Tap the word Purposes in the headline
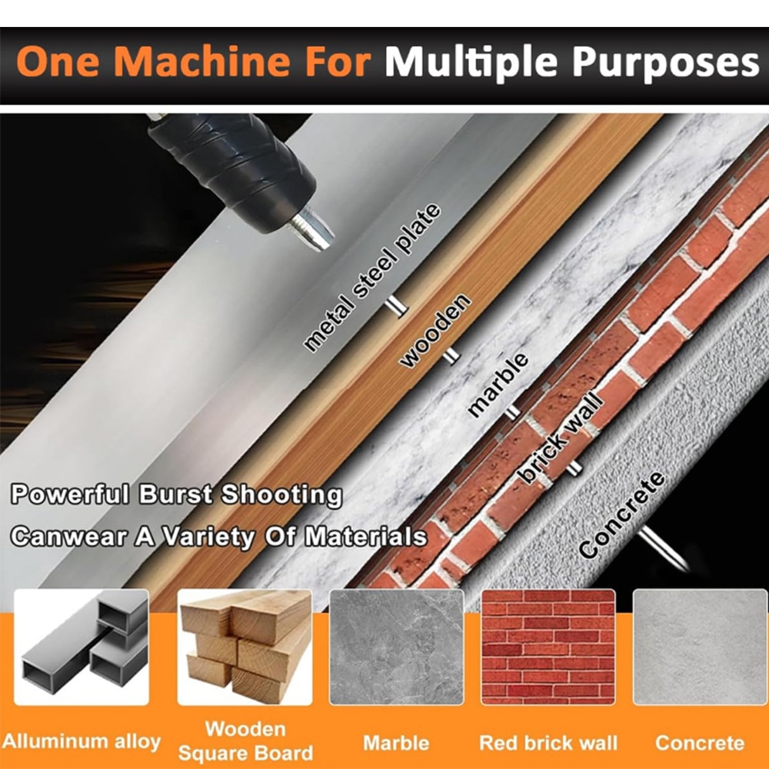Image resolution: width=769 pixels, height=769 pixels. pos(665,64)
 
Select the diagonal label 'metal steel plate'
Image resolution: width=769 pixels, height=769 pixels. pos(372,278)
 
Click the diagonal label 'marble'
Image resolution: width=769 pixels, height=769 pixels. pos(498,385)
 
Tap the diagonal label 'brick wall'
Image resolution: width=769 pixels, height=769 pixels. pos(560,438)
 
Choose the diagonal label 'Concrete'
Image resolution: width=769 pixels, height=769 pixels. pos(622,514)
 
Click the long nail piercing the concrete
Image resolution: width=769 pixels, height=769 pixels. pos(663,548)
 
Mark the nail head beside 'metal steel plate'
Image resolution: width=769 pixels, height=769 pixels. pos(396,307)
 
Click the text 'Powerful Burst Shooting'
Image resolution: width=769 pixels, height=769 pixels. pos(177,494)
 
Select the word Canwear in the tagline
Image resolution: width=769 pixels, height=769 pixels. pos(69,536)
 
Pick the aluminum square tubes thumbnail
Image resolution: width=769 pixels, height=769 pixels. pos(82,647)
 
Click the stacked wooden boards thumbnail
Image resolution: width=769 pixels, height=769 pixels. pos(245,647)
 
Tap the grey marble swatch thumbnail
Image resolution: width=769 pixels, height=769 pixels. pos(396,647)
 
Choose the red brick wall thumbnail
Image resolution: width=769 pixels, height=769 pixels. pos(548,647)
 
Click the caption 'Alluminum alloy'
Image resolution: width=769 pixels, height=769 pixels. pos(82,741)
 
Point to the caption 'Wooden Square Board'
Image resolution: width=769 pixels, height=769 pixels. pos(245,741)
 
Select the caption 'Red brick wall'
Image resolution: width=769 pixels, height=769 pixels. pos(548,743)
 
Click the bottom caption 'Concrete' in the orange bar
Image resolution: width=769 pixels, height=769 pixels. pos(700,743)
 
